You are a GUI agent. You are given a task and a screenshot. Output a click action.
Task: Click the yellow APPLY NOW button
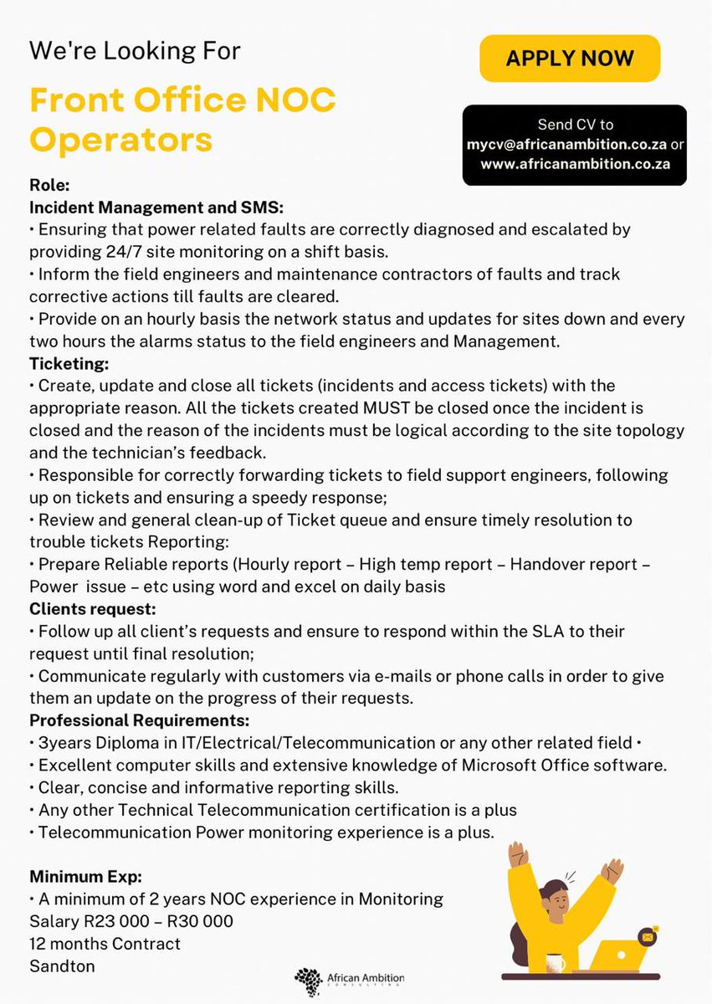click(570, 59)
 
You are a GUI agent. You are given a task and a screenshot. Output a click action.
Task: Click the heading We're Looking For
click(135, 50)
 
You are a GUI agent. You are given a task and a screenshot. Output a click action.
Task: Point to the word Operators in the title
click(121, 139)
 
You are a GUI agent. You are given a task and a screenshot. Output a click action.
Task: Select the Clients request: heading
click(93, 609)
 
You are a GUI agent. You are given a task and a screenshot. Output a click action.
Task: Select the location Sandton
click(62, 966)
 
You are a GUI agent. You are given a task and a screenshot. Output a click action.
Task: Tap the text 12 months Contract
click(105, 944)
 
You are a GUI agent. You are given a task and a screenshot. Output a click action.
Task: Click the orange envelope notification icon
click(645, 937)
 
